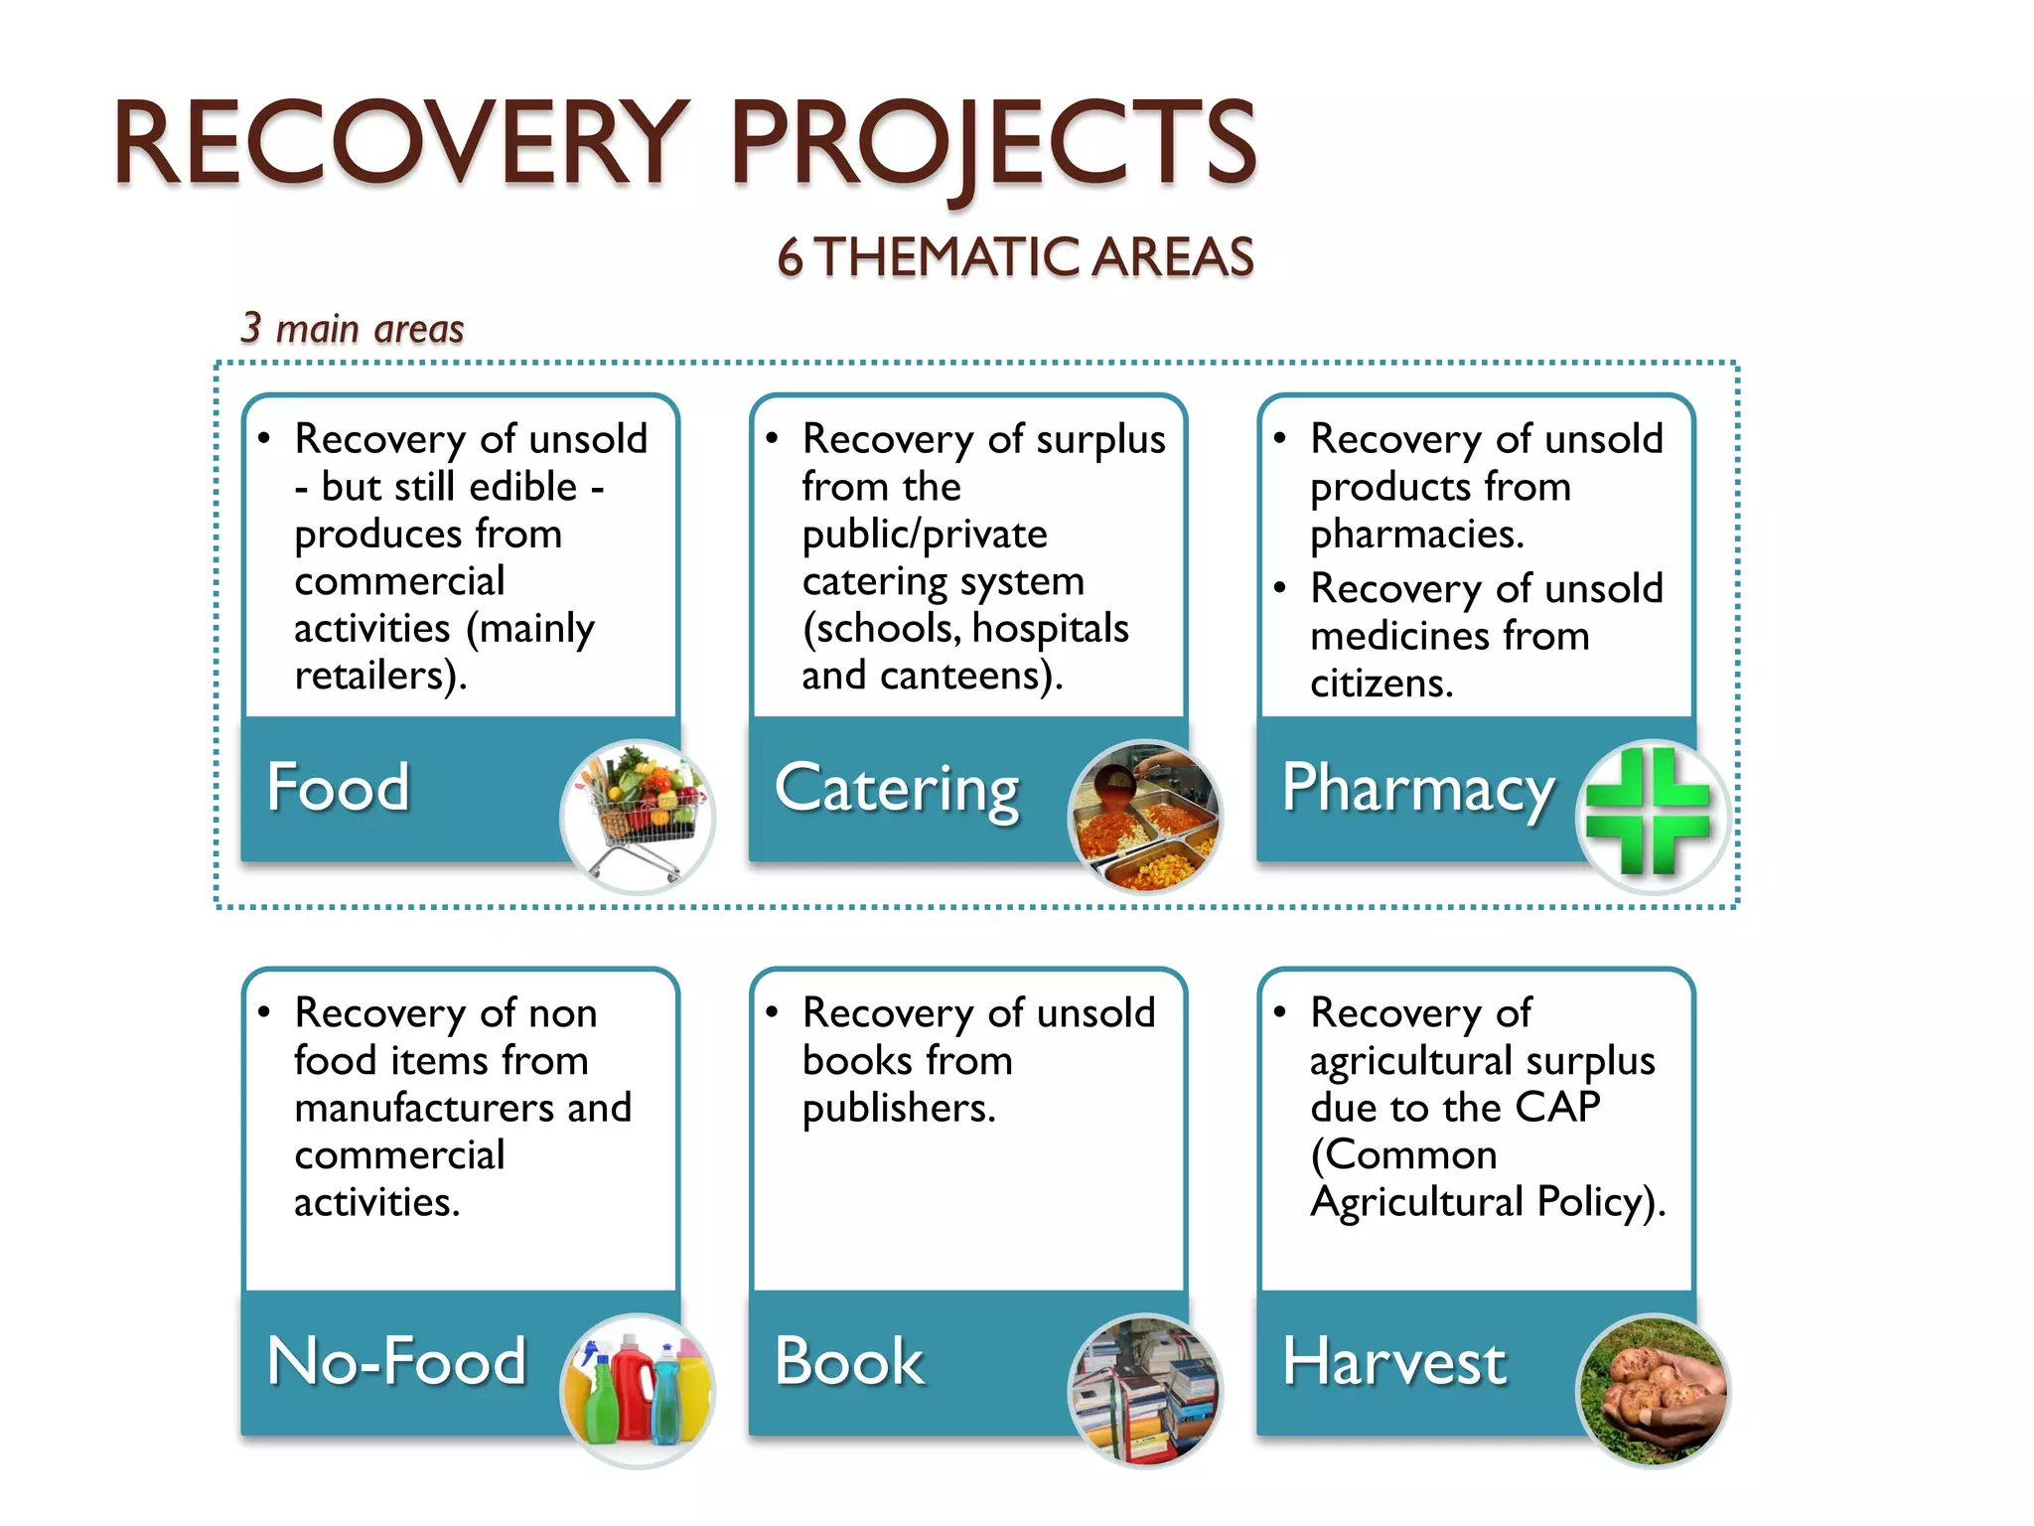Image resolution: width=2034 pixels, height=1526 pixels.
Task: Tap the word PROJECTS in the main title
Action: (993, 144)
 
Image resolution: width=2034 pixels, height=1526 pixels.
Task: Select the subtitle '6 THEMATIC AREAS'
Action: (1015, 257)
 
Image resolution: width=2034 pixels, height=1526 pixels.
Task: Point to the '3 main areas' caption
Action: (353, 328)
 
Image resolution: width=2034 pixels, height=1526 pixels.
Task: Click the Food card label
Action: (338, 787)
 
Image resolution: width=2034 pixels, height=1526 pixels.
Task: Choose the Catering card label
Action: (897, 789)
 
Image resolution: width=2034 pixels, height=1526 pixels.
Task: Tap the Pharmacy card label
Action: (1418, 789)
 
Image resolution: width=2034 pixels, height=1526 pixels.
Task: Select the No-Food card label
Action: (396, 1360)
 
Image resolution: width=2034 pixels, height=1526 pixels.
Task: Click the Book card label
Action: (849, 1360)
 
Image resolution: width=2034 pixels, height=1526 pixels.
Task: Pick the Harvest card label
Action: (1394, 1360)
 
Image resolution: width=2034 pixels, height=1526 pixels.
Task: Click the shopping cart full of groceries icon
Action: (638, 817)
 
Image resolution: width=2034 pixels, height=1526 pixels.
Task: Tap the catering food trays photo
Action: (1145, 817)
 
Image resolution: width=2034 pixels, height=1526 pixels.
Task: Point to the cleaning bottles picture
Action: (638, 1391)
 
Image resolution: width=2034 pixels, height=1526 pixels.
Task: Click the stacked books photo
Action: (1145, 1391)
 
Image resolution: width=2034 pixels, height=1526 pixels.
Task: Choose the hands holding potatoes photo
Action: (1652, 1391)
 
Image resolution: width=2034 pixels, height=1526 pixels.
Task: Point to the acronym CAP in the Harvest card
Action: (1557, 1106)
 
